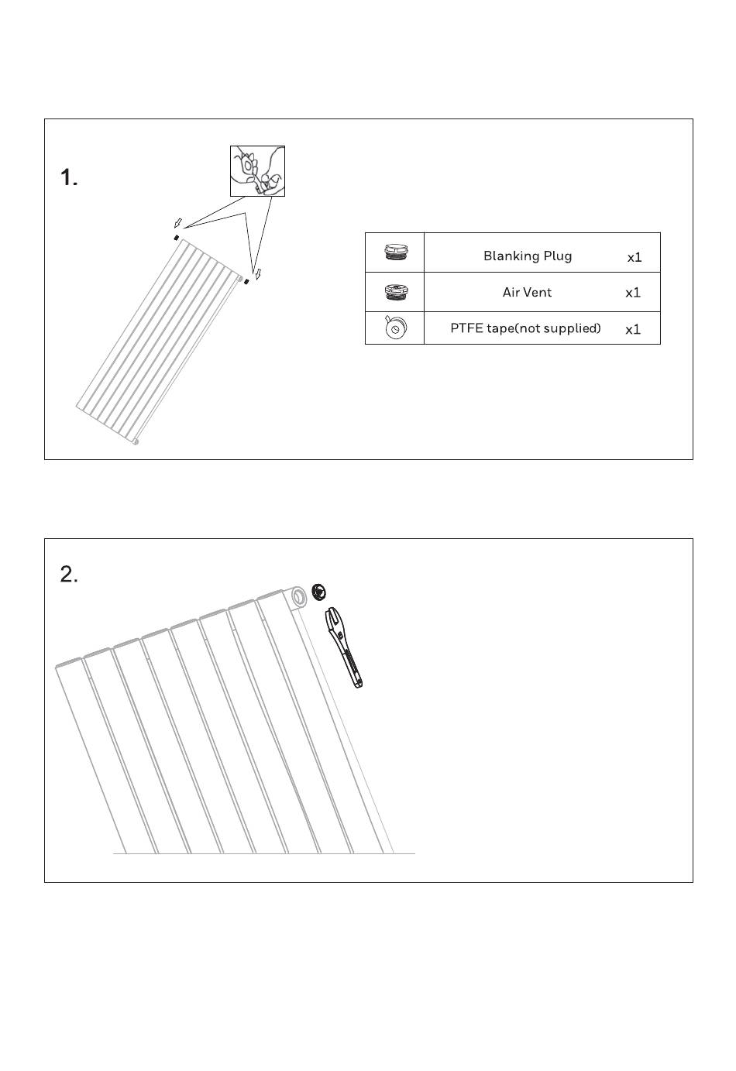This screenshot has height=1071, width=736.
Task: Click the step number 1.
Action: (x=69, y=178)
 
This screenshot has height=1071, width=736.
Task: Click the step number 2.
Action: (x=69, y=575)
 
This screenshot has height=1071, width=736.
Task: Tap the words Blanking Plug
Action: (x=528, y=256)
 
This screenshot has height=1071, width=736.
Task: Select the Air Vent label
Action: (x=527, y=292)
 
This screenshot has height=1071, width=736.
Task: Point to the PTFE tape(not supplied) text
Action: (x=525, y=328)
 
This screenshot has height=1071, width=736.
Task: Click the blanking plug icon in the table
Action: (x=395, y=252)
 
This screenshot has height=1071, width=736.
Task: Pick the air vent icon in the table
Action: (x=395, y=292)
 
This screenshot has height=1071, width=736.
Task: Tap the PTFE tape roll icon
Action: (x=395, y=328)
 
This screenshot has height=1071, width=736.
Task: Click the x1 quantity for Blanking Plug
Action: (x=635, y=257)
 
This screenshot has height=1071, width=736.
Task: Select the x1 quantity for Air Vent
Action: (x=633, y=293)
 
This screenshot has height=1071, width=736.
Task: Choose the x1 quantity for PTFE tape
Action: (x=633, y=329)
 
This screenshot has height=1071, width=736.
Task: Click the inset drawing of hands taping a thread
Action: (x=257, y=170)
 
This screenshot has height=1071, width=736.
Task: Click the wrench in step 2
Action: (x=344, y=647)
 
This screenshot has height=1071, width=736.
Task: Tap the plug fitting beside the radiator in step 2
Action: (x=318, y=592)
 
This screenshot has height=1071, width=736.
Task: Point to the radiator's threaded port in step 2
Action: (x=299, y=597)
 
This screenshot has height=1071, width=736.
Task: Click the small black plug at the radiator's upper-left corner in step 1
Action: (x=177, y=237)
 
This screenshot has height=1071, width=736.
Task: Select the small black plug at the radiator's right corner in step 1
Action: (x=246, y=281)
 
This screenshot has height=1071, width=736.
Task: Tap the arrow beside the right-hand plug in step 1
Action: (x=259, y=273)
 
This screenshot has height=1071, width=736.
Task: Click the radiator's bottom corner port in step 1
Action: (x=136, y=441)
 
